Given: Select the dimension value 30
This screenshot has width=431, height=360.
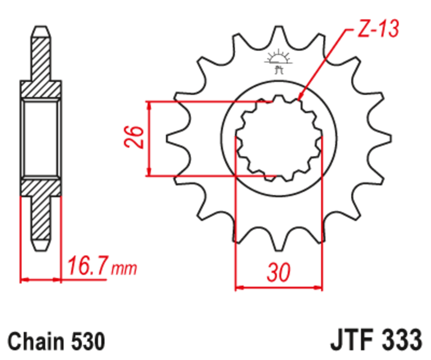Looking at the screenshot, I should click(x=279, y=272).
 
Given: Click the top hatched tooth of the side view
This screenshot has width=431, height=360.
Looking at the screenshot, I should click(x=41, y=54).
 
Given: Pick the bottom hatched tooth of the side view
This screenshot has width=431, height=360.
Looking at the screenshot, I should click(x=41, y=221).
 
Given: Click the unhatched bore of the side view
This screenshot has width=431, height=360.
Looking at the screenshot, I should click(x=41, y=137).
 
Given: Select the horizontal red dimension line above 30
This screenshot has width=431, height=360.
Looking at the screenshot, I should click(x=279, y=287).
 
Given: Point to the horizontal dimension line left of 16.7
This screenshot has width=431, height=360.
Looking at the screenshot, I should click(x=40, y=280).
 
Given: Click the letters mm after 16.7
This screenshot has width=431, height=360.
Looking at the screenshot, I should click(x=124, y=267).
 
